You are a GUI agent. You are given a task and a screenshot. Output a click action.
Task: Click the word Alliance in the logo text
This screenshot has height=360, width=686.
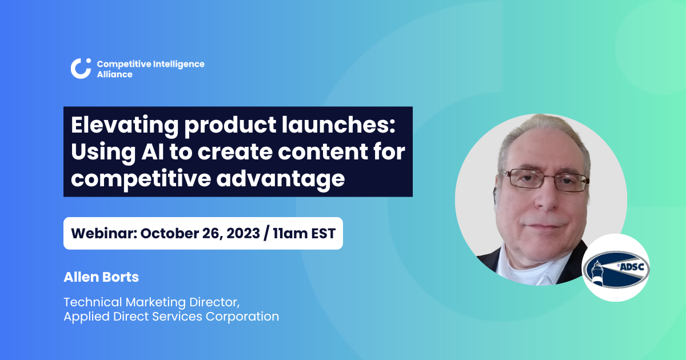pyautogui.click(x=114, y=74)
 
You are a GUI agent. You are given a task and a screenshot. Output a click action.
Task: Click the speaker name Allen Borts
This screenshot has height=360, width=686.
pyautogui.click(x=101, y=277)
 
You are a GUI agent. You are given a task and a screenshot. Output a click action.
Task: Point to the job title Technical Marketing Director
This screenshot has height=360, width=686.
pyautogui.click(x=155, y=301)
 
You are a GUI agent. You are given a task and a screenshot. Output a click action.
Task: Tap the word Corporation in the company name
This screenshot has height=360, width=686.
pyautogui.click(x=242, y=316)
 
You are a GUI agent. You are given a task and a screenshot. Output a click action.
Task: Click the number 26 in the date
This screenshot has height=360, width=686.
pyautogui.click(x=200, y=233)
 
